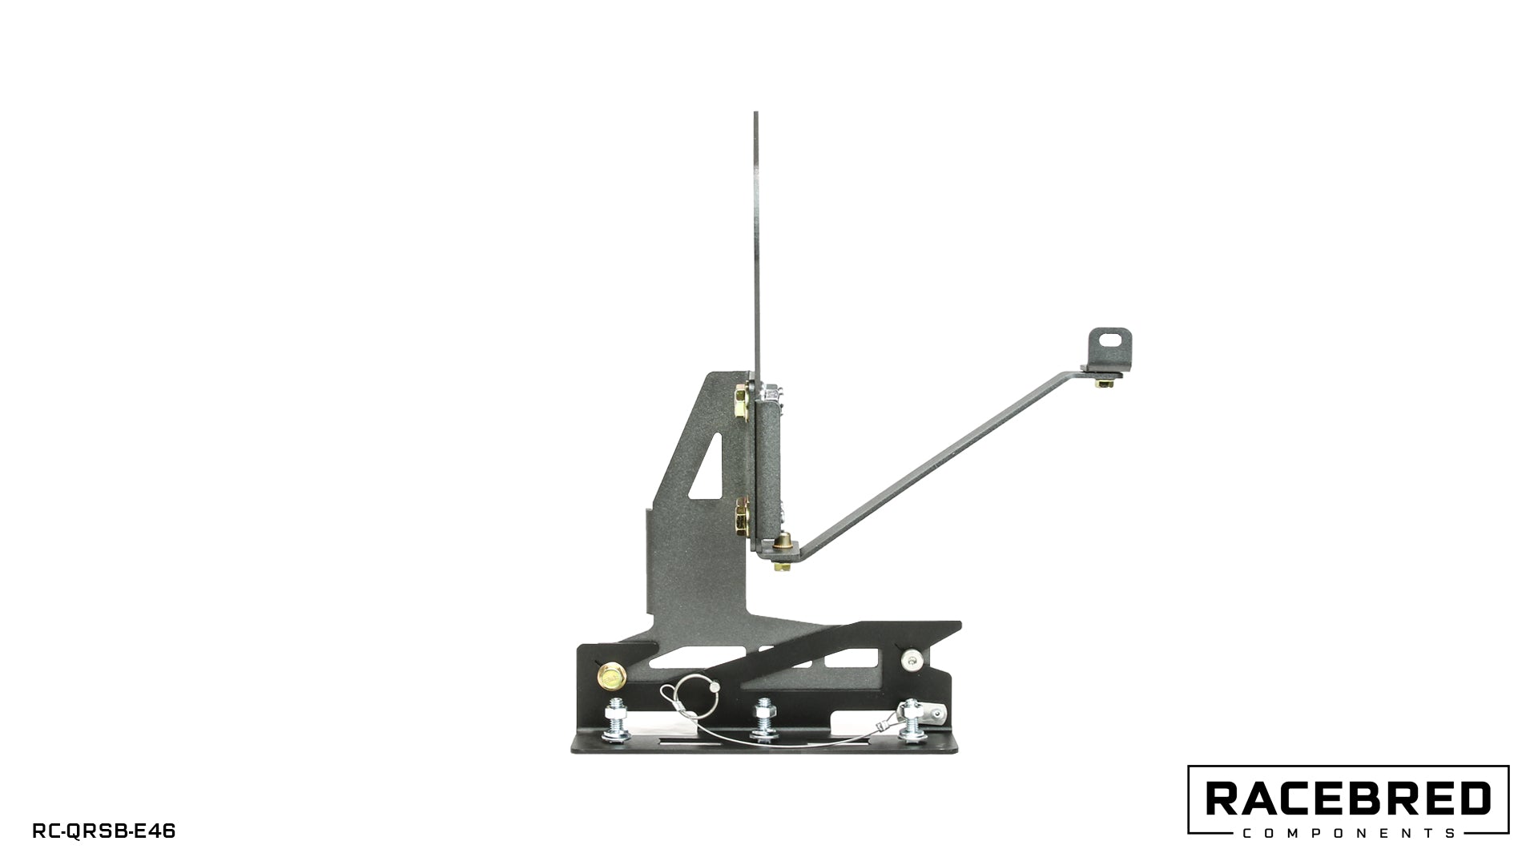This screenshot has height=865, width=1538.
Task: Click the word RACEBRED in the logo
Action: coord(1348,799)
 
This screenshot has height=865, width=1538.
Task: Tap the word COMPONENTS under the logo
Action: coord(1348,833)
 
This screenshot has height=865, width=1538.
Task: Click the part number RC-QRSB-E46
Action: coord(103,831)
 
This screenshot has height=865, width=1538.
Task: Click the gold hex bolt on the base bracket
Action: coord(612,678)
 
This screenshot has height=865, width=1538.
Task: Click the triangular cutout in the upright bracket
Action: coord(710,469)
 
